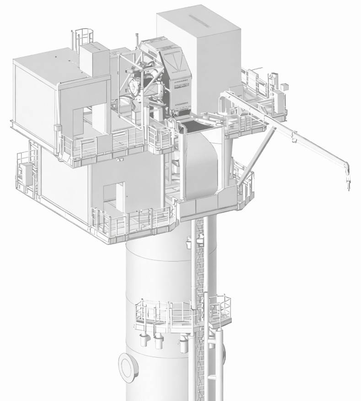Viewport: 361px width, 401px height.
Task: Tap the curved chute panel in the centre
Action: [x=201, y=160]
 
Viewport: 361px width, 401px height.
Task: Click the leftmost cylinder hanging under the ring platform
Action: [x=143, y=339]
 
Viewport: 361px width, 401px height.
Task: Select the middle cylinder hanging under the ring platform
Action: [x=159, y=341]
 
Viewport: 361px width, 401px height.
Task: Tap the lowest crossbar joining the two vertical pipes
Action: [x=212, y=378]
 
